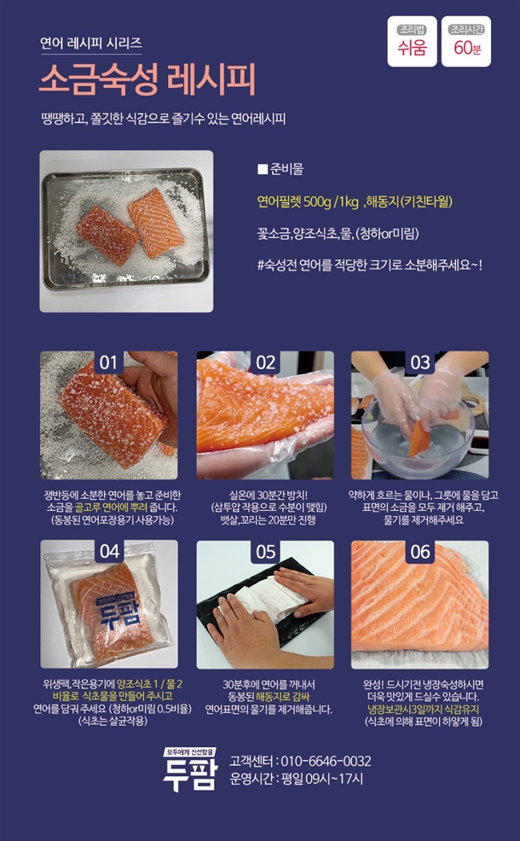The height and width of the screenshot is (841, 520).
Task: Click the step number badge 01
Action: coord(108,362)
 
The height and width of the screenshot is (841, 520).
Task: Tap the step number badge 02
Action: coord(265,362)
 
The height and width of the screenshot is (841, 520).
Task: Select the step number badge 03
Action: coord(419,362)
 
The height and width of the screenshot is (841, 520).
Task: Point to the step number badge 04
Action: coord(109,551)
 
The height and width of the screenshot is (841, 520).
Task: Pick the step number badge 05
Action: coord(265,551)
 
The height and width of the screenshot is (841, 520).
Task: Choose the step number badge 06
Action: coord(419,551)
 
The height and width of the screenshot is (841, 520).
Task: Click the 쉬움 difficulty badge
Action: coord(412,41)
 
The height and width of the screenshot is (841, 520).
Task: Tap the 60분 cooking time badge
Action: coord(466,41)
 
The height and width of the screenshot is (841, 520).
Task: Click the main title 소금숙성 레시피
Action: coord(147,79)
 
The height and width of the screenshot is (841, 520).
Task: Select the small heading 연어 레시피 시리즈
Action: coord(91,43)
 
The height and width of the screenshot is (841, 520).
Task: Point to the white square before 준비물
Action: coord(263,170)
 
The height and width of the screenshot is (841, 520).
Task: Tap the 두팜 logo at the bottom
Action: coord(191,769)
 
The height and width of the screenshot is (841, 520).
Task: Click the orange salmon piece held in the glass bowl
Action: coord(419,438)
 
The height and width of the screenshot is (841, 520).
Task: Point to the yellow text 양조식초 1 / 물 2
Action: coord(149,684)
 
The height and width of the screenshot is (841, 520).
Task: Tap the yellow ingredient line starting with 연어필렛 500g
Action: coord(355,201)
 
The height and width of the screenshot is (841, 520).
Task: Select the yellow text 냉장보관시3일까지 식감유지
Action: coord(424,709)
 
